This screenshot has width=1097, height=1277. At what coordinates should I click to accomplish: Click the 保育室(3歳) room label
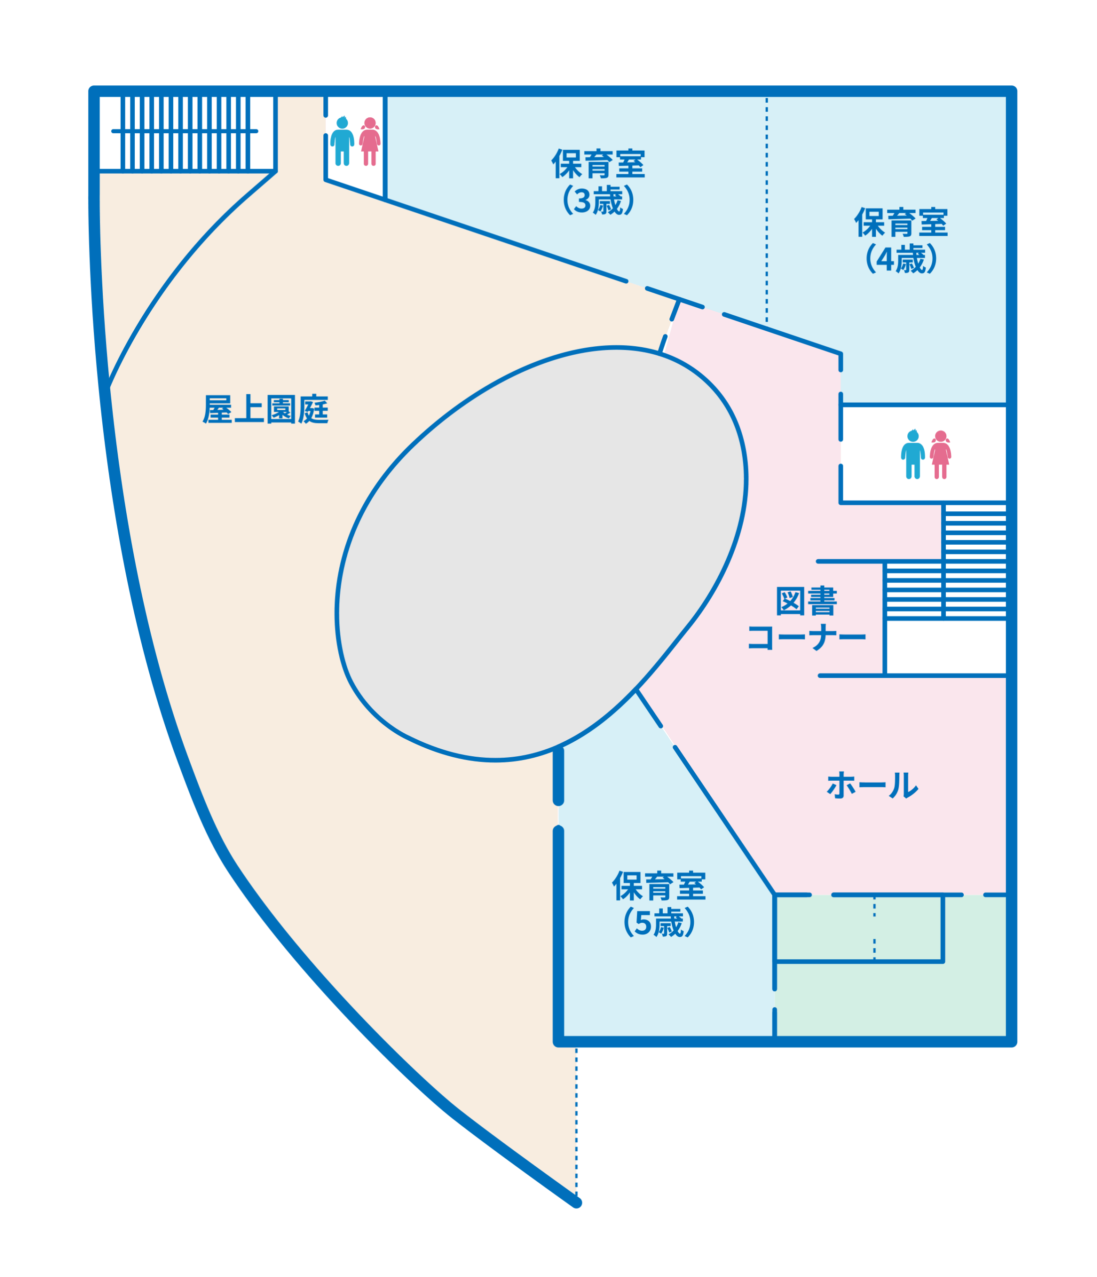(x=597, y=181)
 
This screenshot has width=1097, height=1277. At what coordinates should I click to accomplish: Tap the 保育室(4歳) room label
(x=900, y=240)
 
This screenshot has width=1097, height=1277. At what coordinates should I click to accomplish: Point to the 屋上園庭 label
(x=266, y=409)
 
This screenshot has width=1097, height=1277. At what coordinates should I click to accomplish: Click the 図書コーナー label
(x=807, y=618)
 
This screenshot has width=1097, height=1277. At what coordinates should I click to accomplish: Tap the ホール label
(x=872, y=785)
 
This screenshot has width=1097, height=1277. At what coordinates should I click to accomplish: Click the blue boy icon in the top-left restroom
(x=342, y=141)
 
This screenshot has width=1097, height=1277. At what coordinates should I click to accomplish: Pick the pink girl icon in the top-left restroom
(x=370, y=141)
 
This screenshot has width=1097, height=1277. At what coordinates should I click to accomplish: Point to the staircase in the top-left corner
(x=185, y=133)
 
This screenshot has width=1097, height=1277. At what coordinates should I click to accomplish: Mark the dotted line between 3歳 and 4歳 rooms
(x=767, y=210)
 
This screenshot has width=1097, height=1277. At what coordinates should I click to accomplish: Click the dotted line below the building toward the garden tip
(x=576, y=1123)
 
